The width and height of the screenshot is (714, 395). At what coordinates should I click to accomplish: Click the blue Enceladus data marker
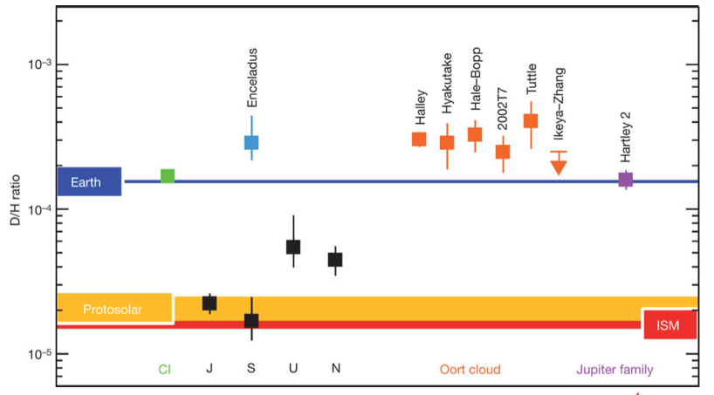point(251,142)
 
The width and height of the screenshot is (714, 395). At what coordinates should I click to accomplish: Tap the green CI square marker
point(168,176)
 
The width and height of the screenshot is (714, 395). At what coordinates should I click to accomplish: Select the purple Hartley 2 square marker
point(625,180)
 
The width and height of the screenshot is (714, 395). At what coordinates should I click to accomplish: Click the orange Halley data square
point(419,139)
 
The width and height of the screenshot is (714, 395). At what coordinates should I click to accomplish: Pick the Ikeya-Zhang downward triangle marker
point(558,167)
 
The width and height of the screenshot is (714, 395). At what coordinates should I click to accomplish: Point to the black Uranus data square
point(293,247)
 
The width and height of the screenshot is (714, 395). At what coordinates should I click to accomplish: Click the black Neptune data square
point(335,259)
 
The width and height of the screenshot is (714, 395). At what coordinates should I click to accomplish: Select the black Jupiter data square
point(209,303)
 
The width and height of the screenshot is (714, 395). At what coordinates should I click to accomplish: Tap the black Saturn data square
point(251,321)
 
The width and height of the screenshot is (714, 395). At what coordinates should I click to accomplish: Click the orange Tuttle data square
point(531,120)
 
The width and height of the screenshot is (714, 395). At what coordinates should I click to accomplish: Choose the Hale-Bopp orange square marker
point(475,134)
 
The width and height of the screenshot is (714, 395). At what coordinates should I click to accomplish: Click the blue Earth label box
point(89,181)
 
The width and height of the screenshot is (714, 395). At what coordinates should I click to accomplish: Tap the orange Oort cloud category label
point(470,370)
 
